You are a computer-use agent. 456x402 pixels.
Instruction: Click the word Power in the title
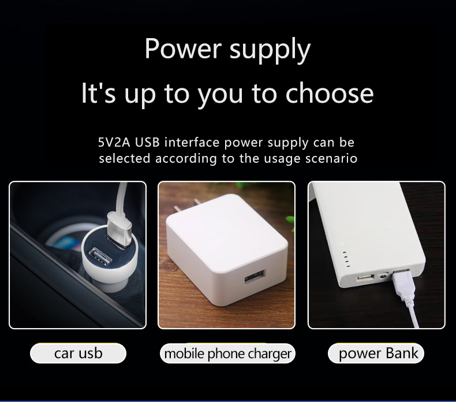[183, 49]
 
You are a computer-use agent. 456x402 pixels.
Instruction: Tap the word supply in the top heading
[270, 51]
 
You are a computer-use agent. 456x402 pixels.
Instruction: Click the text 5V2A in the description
[114, 142]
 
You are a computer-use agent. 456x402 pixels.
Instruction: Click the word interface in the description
[192, 142]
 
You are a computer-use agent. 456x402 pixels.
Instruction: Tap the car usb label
[79, 353]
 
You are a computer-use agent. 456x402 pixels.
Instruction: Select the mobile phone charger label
[227, 353]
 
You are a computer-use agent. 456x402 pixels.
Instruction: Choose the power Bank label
[376, 353]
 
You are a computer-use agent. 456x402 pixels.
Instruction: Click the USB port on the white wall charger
[255, 277]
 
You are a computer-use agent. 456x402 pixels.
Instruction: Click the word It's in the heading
[98, 93]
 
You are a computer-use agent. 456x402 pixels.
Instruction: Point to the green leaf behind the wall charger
[289, 221]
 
